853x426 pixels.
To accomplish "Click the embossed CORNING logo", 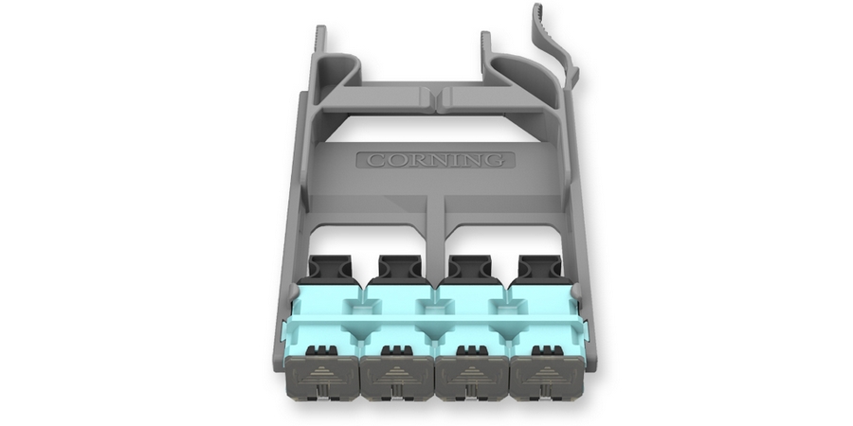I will pos(435,160).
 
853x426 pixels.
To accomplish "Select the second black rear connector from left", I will pos(399,268).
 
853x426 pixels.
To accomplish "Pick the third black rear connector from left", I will pos(469,268).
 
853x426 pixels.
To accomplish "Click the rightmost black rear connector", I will pos(538,268).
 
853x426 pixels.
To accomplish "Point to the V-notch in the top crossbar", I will pos(435,97).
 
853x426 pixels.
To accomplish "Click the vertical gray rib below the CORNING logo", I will pos(434,213).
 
